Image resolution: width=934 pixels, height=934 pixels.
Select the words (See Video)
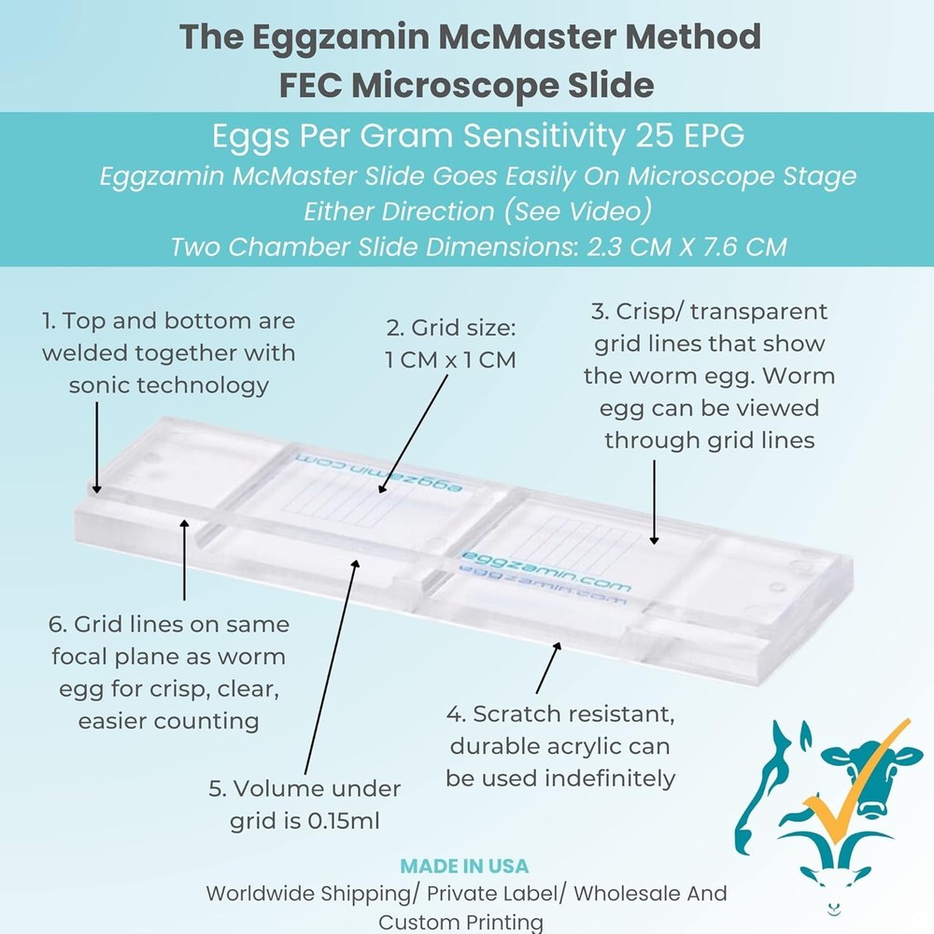[x=573, y=211]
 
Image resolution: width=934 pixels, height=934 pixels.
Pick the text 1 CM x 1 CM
[x=450, y=360]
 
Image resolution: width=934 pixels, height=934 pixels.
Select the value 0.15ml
[x=335, y=821]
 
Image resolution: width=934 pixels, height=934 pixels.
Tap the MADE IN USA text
[x=464, y=866]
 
